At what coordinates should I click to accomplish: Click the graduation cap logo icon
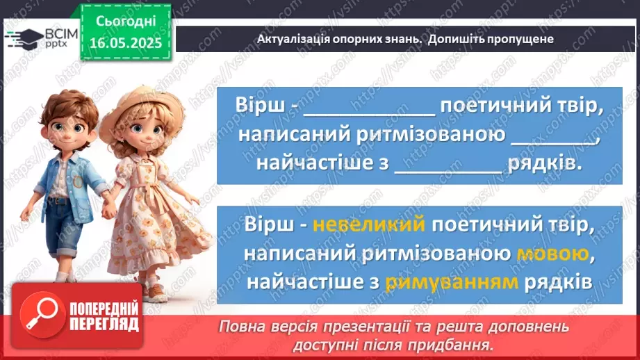[x=24, y=38]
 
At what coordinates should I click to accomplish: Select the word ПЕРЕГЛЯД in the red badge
[x=102, y=325]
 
